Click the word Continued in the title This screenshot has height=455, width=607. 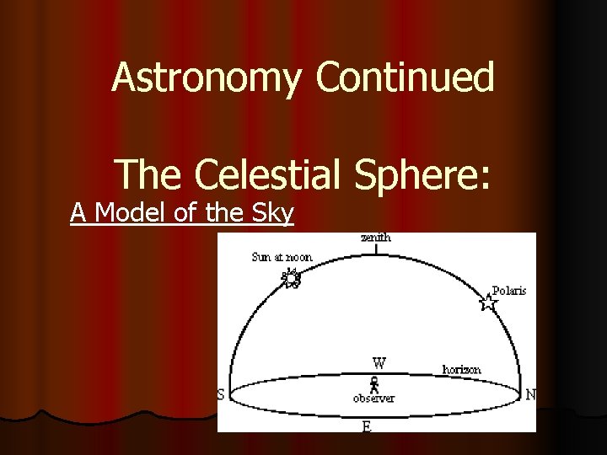coord(406,78)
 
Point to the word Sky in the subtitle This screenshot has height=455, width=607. coord(272,215)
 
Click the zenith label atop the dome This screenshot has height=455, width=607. coord(376,238)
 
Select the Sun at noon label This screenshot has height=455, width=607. coord(282,257)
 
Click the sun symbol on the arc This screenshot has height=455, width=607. coord(292,276)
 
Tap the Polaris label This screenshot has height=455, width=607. coord(508,290)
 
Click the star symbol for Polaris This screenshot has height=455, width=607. coord(488,302)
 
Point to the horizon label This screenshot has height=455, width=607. coord(462,369)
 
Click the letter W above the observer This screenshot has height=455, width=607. coord(380,364)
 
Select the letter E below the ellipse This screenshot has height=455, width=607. coord(366,426)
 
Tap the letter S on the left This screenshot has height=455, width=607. coord(221,395)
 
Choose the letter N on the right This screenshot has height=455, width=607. coord(530,394)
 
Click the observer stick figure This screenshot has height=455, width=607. coord(373,384)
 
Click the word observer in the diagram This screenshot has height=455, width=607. coord(373,399)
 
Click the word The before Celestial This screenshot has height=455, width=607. coord(148,174)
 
